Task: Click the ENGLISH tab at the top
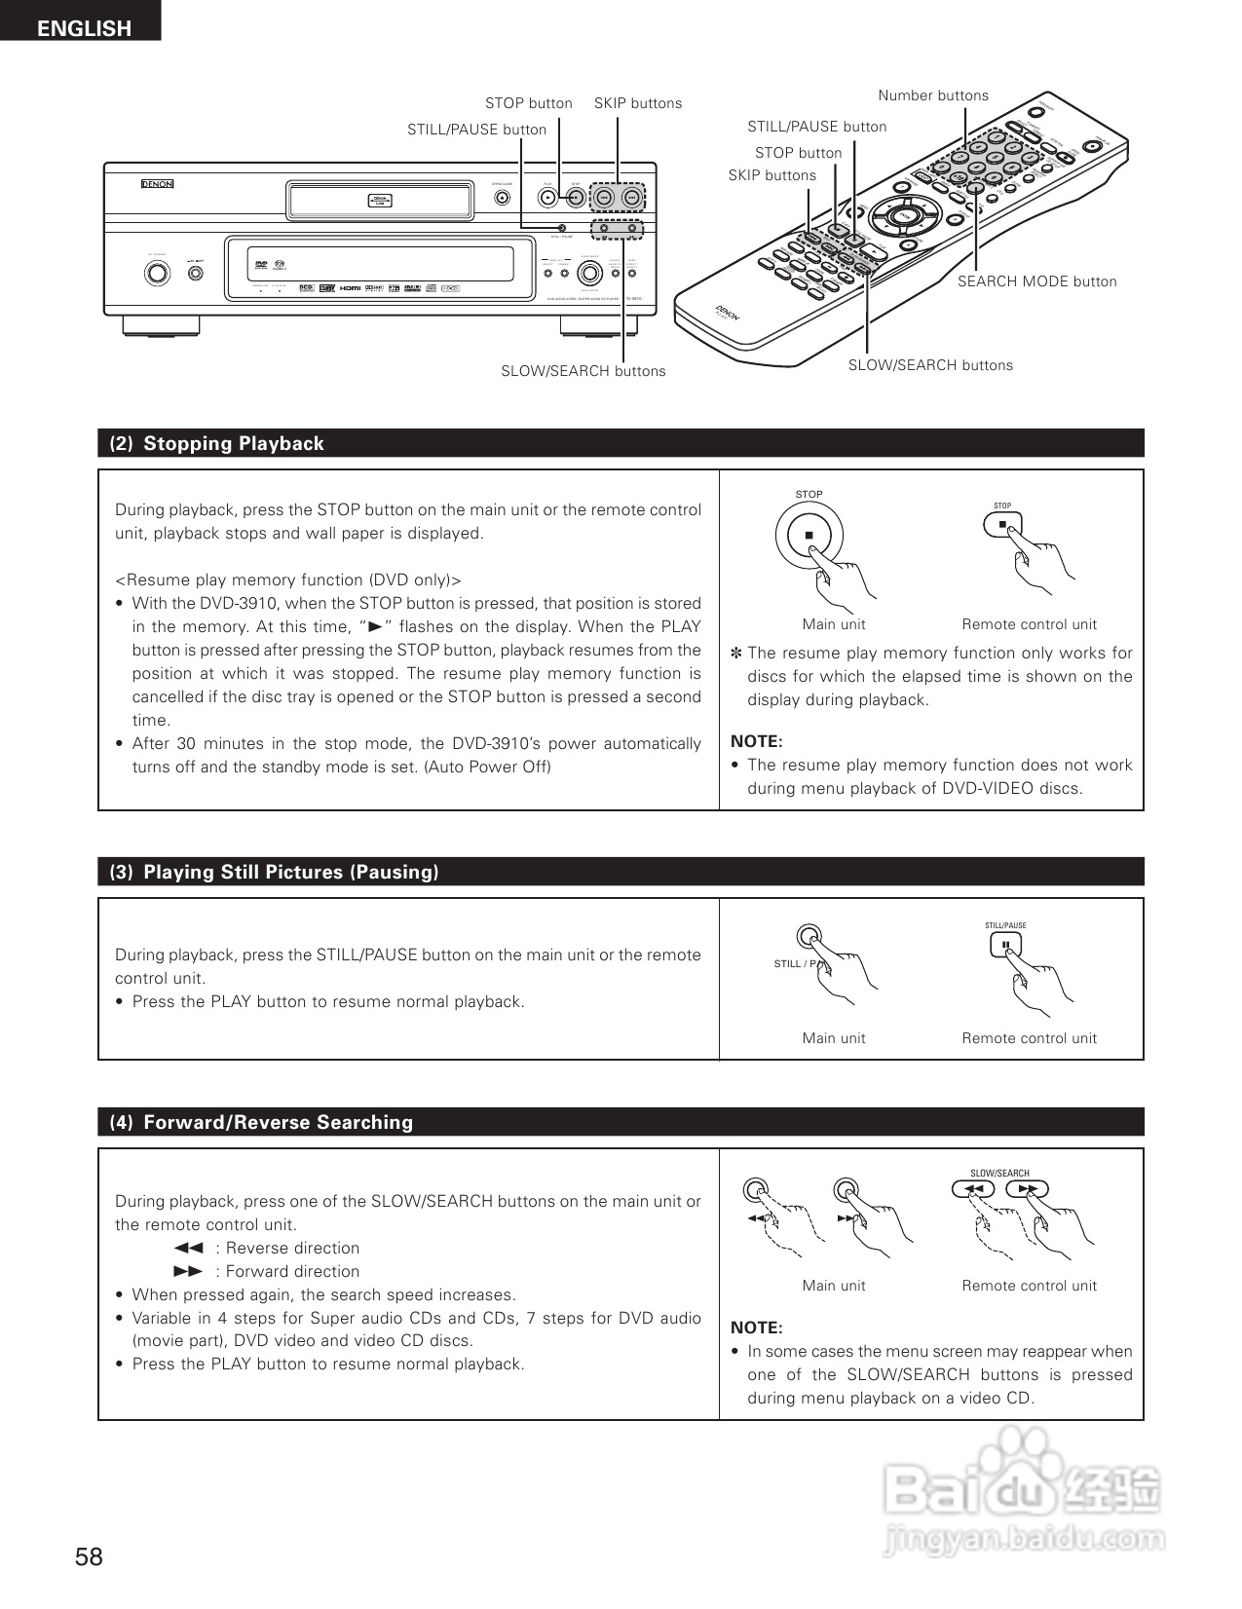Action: [x=83, y=28]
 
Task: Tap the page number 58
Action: [x=89, y=1556]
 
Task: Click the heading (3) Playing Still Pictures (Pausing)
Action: [x=274, y=873]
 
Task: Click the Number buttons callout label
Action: [x=932, y=95]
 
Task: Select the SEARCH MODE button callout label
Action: [x=1036, y=281]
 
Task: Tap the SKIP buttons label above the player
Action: [x=638, y=103]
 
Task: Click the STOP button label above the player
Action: [x=528, y=103]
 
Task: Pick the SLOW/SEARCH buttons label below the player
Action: [x=583, y=371]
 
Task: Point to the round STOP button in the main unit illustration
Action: [x=809, y=536]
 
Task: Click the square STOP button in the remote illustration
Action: [x=1002, y=525]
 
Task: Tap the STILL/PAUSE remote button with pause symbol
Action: [x=1004, y=944]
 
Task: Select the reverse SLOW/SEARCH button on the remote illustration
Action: [x=972, y=1189]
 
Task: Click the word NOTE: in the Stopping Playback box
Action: [x=756, y=741]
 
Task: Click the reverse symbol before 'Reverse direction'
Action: [x=188, y=1249]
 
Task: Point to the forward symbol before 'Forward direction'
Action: [x=188, y=1272]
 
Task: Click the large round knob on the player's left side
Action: [x=156, y=272]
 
